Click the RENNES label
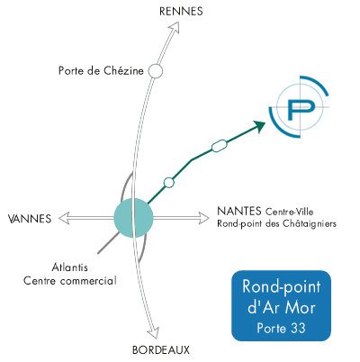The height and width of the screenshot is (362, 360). point(181,12)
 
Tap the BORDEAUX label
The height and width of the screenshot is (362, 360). point(161,350)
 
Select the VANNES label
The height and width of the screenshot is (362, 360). point(30,219)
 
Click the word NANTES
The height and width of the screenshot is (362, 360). point(239,211)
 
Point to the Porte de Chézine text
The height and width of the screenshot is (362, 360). point(101,71)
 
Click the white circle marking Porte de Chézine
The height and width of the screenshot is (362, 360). point(156,71)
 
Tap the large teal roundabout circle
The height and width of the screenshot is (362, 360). point(134,218)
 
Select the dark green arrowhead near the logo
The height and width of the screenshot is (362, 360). point(259,126)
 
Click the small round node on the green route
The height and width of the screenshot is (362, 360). point(169,183)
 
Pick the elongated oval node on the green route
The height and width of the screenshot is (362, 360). point(220,146)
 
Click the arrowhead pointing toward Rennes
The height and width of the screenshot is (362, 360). point(175,28)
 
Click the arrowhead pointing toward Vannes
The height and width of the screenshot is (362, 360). point(64,218)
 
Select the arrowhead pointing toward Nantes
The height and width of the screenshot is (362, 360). point(204,218)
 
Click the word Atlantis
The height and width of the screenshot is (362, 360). point(70,267)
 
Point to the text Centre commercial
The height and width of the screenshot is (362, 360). point(70,281)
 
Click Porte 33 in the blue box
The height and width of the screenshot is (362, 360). point(281,328)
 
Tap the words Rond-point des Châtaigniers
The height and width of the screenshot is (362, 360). point(276,224)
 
